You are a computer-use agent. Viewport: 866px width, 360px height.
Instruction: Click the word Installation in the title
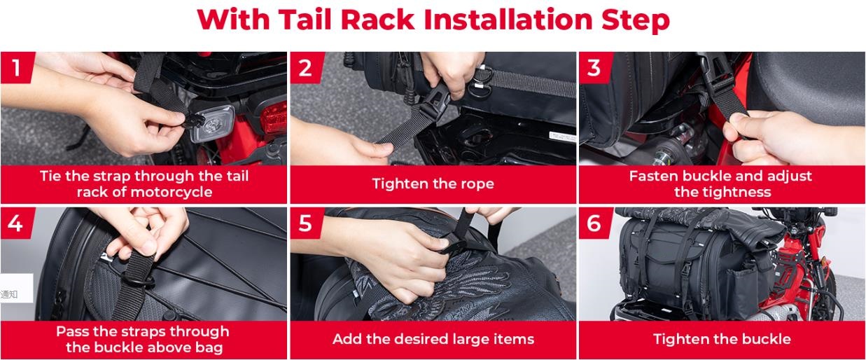pyautogui.click(x=509, y=19)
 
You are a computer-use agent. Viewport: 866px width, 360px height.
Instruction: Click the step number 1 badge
pyautogui.click(x=17, y=68)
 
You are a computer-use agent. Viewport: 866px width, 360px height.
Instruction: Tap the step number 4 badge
pyautogui.click(x=17, y=223)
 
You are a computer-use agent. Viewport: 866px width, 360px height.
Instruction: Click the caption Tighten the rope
pyautogui.click(x=433, y=184)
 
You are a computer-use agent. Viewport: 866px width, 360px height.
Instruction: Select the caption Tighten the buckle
pyautogui.click(x=722, y=339)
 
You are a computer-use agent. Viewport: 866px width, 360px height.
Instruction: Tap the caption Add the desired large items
pyautogui.click(x=433, y=339)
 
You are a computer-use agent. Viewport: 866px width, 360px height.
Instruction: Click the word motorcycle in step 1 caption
pyautogui.click(x=172, y=192)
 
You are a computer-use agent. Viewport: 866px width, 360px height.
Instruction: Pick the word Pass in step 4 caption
pyautogui.click(x=72, y=331)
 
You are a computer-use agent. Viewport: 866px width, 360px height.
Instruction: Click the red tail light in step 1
pyautogui.click(x=274, y=116)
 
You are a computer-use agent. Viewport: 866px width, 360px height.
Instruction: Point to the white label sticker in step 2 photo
pyautogui.click(x=562, y=137)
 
